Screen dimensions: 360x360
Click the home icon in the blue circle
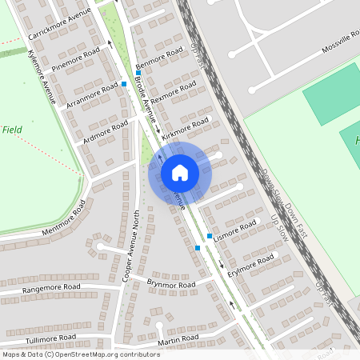point(179,172)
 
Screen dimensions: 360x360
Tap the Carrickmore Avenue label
point(60,26)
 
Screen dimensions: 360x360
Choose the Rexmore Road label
point(174,93)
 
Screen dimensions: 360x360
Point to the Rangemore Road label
point(51,288)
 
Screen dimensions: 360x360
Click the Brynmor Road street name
point(171,284)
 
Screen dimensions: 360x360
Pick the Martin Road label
point(178,340)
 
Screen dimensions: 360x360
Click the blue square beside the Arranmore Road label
point(124,84)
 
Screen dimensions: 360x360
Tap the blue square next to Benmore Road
point(138,73)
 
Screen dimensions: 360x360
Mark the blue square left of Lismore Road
point(210,236)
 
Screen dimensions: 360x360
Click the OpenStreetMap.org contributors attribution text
point(106,354)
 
